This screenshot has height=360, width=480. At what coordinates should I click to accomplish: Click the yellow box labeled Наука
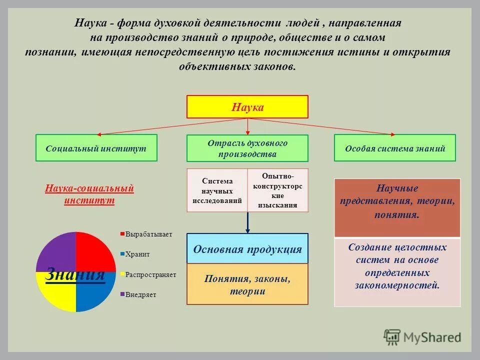point(247,107)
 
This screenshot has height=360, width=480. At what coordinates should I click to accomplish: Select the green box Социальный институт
point(96,148)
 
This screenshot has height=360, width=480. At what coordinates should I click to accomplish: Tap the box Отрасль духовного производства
point(247,148)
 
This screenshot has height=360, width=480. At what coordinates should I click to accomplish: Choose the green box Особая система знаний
point(394,148)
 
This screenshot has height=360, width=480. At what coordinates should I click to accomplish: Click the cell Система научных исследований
point(217,190)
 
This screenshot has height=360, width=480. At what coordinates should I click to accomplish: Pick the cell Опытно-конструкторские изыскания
point(278,190)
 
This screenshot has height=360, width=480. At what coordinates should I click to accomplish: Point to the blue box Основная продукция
point(247,248)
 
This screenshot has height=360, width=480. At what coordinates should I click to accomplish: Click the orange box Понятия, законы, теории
point(247,284)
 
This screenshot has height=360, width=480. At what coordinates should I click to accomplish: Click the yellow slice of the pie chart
point(56,292)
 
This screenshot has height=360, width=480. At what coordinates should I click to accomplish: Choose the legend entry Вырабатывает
point(148,234)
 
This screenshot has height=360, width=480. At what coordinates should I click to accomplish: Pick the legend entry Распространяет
point(150,274)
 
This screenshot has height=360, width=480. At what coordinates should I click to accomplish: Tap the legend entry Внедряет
point(140,294)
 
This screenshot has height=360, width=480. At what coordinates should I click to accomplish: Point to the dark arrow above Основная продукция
point(247,222)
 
